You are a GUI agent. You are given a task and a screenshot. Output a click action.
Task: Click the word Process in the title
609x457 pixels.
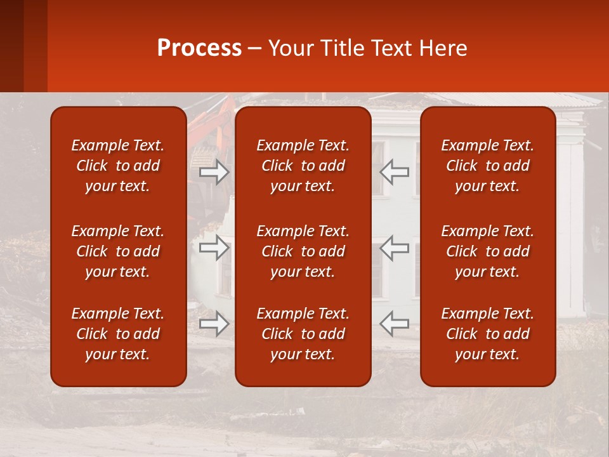click(x=199, y=48)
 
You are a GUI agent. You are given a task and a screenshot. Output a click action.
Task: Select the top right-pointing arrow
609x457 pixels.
click(x=214, y=171)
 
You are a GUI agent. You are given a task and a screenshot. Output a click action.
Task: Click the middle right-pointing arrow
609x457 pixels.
click(x=214, y=248)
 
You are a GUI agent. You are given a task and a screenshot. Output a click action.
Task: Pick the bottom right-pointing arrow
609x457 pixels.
click(x=214, y=324)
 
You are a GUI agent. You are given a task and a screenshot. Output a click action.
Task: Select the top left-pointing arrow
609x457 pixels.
click(x=395, y=171)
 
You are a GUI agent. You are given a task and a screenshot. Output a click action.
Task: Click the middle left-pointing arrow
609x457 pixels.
click(x=395, y=248)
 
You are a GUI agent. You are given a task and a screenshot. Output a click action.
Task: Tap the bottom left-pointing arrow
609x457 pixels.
click(x=395, y=324)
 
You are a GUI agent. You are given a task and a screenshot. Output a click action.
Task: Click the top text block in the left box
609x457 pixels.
click(x=118, y=166)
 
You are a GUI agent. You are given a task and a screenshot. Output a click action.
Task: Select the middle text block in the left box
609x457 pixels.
click(x=118, y=251)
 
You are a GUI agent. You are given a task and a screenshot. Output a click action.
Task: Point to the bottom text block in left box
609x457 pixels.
click(x=118, y=334)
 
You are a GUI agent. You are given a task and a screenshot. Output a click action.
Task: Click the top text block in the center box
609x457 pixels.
click(x=303, y=166)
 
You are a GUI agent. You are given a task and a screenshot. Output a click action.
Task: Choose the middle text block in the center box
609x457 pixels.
click(x=303, y=251)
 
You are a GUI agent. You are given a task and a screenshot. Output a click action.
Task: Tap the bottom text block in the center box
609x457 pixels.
click(x=303, y=334)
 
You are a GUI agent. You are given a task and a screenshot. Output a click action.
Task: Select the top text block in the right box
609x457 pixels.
click(x=488, y=166)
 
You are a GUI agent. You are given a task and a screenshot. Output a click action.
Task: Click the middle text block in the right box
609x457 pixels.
click(x=488, y=251)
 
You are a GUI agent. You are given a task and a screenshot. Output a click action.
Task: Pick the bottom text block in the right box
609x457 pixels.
click(x=488, y=334)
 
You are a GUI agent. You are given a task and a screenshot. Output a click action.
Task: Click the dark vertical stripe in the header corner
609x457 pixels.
click(x=35, y=46)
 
